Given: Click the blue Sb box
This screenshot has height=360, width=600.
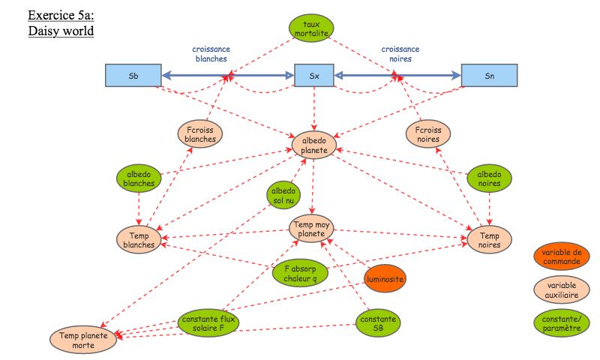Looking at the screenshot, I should [x=133, y=75].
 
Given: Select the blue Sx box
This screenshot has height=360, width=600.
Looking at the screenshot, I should [x=313, y=75].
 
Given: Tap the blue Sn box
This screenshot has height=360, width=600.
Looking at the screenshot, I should [x=489, y=75].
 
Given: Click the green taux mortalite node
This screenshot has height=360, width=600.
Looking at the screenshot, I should [x=311, y=28].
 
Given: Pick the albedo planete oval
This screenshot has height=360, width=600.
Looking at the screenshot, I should [x=314, y=144].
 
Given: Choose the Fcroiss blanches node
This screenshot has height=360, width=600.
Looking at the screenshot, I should [x=199, y=133].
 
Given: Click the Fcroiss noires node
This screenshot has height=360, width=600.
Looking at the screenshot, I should [x=428, y=133].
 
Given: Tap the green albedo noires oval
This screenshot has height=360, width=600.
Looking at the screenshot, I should [x=489, y=178].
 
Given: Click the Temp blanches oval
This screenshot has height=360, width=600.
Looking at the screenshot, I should [x=139, y=238].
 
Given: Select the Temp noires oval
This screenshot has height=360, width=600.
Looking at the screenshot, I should [x=489, y=238].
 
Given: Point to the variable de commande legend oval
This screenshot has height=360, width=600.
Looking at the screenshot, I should [x=561, y=256].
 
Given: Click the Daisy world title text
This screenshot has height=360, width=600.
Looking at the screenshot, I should [x=60, y=31].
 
